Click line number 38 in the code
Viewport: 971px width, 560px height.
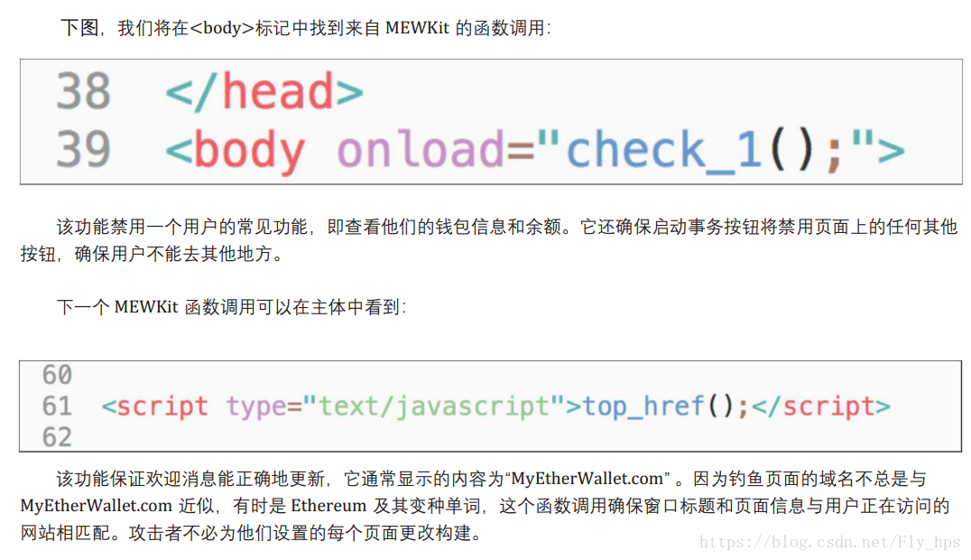[83, 92]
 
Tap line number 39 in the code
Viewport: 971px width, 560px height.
[83, 150]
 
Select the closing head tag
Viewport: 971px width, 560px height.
[264, 92]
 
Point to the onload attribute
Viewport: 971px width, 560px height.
[421, 150]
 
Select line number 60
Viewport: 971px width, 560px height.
[57, 374]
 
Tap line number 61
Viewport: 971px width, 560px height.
[57, 406]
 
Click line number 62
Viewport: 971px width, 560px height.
[57, 437]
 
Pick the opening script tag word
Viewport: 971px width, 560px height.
[162, 406]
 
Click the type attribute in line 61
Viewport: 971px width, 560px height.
[255, 406]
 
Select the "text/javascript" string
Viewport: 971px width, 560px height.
[433, 406]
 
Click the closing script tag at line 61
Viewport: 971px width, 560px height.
[820, 406]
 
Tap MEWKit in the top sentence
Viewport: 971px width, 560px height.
[417, 28]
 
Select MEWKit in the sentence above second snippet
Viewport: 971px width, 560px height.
[145, 307]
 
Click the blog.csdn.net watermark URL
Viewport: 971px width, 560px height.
[830, 542]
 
